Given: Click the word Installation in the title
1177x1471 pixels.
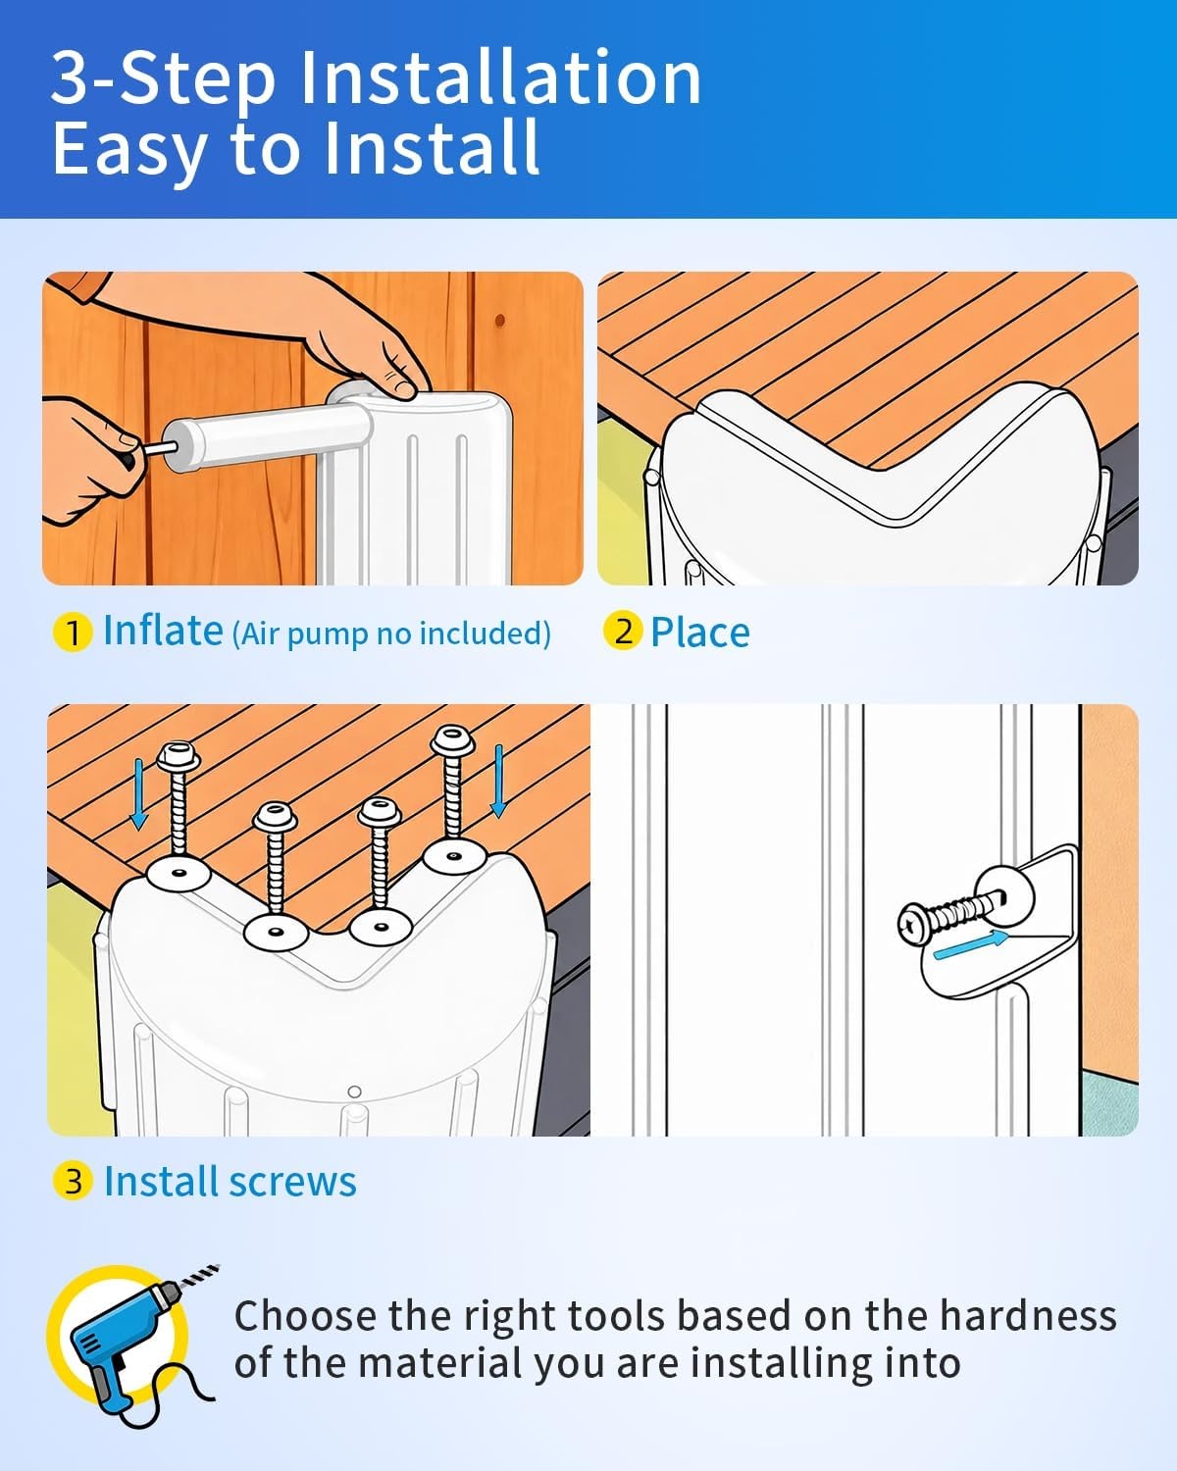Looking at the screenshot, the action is pos(500,77).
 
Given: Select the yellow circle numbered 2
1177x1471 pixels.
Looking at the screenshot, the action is pos(623,631).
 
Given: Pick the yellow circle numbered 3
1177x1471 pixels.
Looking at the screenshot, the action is pos(72,1181).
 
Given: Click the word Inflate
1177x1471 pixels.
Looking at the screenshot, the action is pos(163,630).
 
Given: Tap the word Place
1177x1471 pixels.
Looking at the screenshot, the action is pos(699,632).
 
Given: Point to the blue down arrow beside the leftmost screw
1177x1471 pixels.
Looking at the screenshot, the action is pos(139,793).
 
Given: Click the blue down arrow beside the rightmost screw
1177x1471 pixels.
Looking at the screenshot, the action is pos(499,781).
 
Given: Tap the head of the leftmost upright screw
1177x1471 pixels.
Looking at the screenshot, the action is pos(179,757).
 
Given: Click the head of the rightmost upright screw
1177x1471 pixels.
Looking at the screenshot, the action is pos(452,739).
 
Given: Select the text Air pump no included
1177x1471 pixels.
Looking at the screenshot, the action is pos(392,634).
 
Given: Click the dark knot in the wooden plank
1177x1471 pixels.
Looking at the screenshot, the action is pos(500,320).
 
